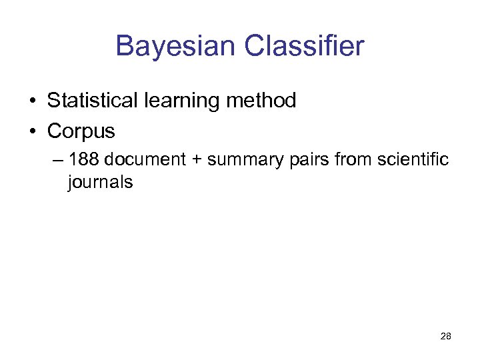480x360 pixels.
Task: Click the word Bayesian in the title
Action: point(175,47)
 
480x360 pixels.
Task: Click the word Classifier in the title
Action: point(304,47)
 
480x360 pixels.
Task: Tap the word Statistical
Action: point(90,101)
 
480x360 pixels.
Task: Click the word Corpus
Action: point(81,131)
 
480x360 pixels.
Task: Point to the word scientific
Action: point(413,160)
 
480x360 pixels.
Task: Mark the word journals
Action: point(100,182)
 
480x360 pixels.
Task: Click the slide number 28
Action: point(446,337)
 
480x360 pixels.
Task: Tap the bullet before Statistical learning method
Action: point(32,101)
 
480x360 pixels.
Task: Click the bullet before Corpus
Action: point(32,132)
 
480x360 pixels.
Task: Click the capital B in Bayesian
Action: point(125,47)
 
